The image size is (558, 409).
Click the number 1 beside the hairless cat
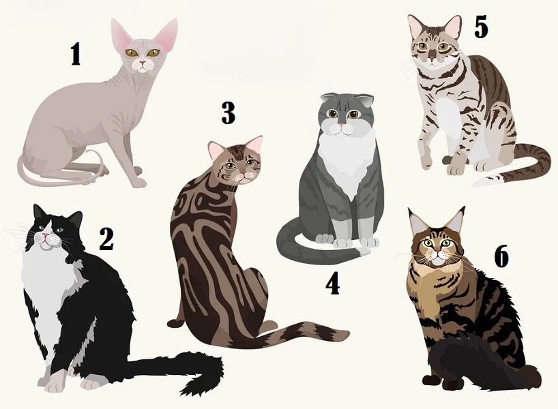click(76, 54)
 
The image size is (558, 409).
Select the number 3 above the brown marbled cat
click(228, 112)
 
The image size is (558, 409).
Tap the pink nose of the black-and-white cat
click(46, 234)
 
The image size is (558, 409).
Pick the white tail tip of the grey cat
click(366, 252)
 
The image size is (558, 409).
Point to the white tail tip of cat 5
click(488, 180)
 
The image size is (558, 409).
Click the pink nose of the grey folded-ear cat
click(341, 125)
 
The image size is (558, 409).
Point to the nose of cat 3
click(244, 175)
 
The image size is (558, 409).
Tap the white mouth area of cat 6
click(437, 260)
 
